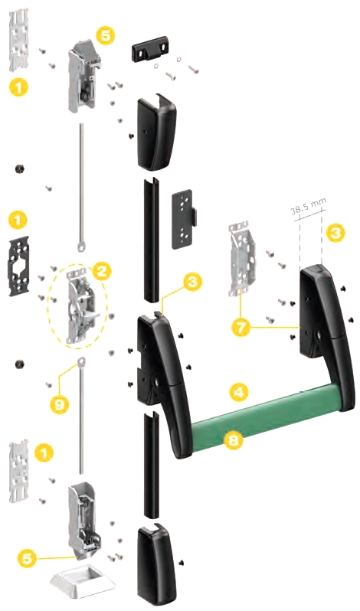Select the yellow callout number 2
[x=101, y=270]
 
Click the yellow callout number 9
[x=59, y=404]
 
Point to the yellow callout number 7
[x=241, y=327]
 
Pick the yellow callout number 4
[x=238, y=391]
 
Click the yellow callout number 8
[x=234, y=440]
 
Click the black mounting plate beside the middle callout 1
[x=18, y=266]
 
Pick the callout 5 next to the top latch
[x=106, y=35]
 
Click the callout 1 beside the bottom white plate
[x=44, y=453]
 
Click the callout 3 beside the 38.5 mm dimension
[x=335, y=233]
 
